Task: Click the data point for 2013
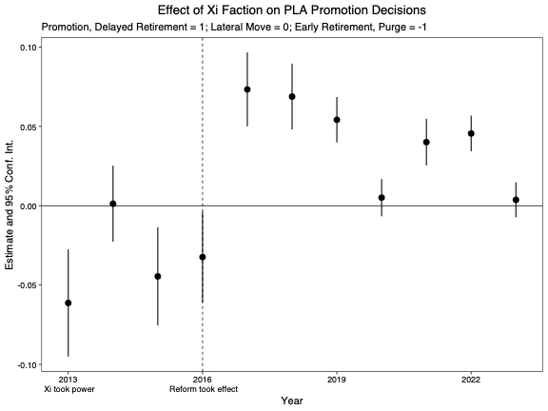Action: click(68, 303)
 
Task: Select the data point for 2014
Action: click(112, 204)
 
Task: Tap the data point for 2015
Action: click(158, 276)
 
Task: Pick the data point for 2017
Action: click(247, 89)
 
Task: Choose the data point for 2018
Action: click(292, 96)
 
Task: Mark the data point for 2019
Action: click(337, 120)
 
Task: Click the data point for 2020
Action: click(382, 198)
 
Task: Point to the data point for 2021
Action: click(426, 142)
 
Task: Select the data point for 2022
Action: click(471, 133)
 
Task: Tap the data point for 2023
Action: click(516, 200)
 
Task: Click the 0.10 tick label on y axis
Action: click(29, 48)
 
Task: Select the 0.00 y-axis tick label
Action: click(29, 206)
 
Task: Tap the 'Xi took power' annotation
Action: click(68, 389)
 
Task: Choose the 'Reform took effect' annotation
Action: click(203, 389)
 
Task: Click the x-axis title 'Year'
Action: click(291, 401)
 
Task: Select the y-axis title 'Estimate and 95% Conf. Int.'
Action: click(10, 206)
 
